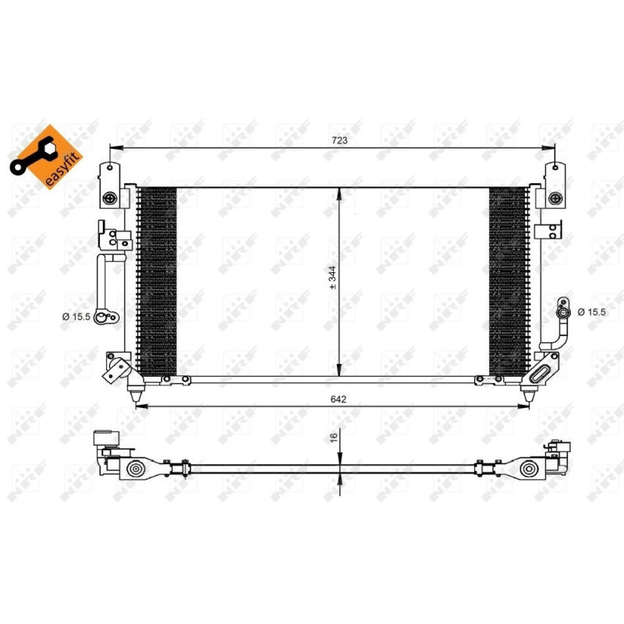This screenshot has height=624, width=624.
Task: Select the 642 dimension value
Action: [x=337, y=399]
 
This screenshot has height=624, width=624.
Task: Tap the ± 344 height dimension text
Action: [x=332, y=278]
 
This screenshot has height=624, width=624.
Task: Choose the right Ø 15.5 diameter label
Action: [x=592, y=312]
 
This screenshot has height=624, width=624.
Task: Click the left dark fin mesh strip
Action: [x=157, y=281]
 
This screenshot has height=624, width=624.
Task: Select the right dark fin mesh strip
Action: [x=507, y=281]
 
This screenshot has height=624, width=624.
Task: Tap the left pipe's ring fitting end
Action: [x=110, y=316]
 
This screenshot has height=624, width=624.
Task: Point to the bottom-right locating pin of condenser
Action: [x=528, y=396]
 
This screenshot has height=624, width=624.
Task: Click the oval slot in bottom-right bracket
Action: [x=539, y=375]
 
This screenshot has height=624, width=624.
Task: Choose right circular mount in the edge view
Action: [x=529, y=469]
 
